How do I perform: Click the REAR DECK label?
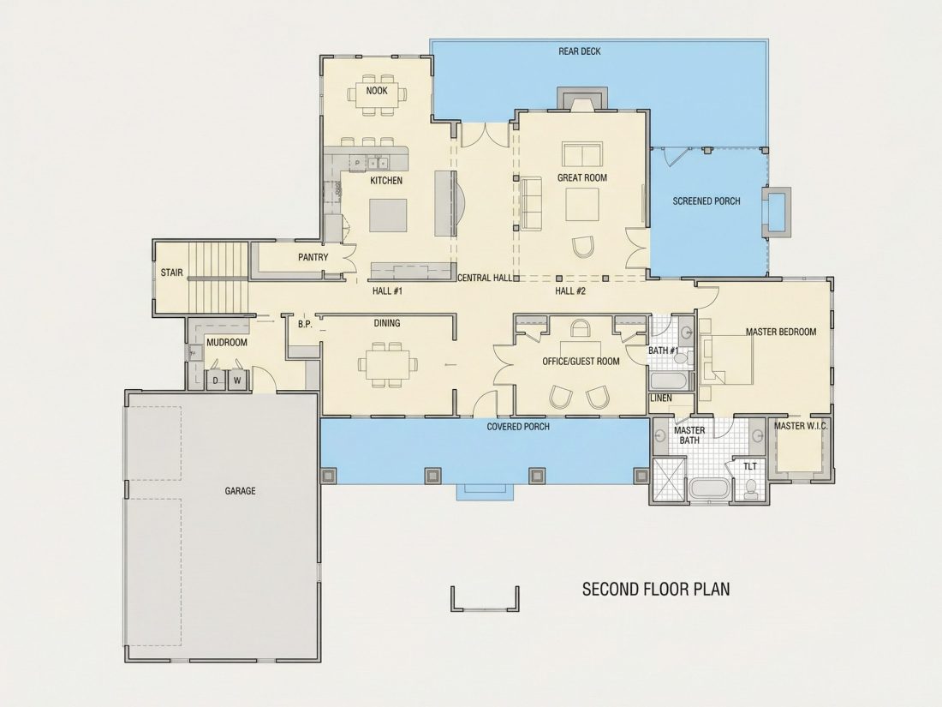[x=579, y=51]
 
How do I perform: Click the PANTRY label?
[x=313, y=257]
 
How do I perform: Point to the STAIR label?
[x=172, y=273]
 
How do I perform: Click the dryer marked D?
[x=216, y=380]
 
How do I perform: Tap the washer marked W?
[x=237, y=380]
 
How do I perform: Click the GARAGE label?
[x=241, y=491]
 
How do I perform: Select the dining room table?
[x=387, y=364]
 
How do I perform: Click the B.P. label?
[x=305, y=325]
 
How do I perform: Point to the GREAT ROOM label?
[x=582, y=178]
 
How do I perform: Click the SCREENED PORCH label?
[x=706, y=201]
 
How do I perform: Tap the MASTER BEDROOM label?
[x=781, y=332]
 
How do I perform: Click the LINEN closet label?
[x=661, y=398]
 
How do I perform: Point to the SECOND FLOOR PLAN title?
[x=656, y=589]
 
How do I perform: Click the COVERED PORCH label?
[x=518, y=427]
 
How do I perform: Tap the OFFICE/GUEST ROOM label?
[x=581, y=362]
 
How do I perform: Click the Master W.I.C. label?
[x=801, y=426]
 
